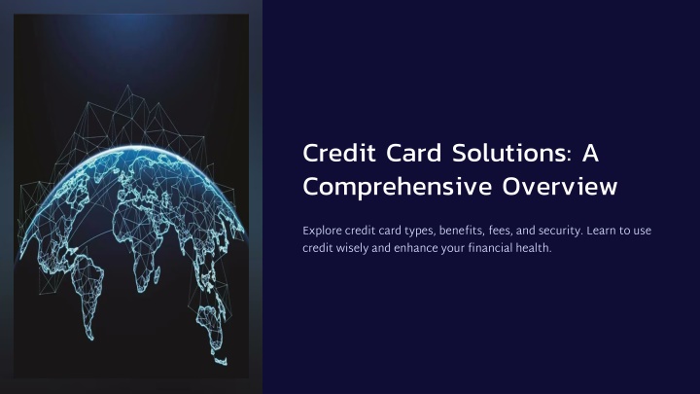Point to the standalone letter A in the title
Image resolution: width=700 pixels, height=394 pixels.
tap(590, 153)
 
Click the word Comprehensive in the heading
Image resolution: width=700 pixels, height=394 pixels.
tap(398, 187)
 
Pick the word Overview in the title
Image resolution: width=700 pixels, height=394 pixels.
tap(560, 186)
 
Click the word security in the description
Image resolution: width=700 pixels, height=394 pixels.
tap(560, 232)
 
